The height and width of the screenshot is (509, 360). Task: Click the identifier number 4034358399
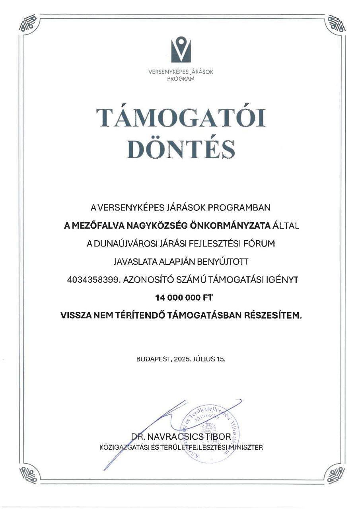tap(93, 280)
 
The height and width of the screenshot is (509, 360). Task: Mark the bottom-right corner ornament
tap(334, 476)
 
